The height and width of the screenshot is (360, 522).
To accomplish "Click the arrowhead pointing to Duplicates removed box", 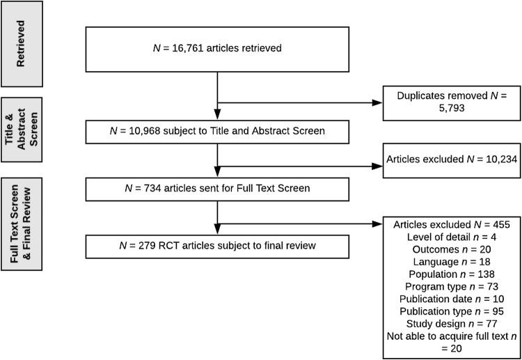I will (x=378, y=103).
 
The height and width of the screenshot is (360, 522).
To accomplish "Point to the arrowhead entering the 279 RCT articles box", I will (x=219, y=233).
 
